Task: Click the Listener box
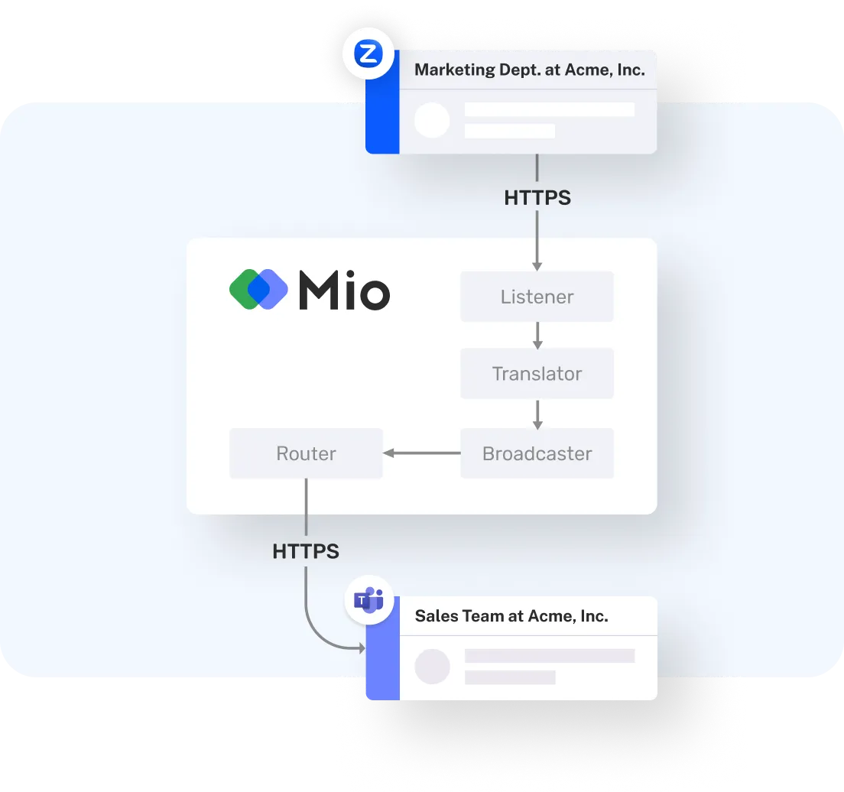click(x=537, y=297)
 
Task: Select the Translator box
click(x=537, y=374)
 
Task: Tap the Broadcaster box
click(x=537, y=453)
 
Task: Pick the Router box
click(x=306, y=453)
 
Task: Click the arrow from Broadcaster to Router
click(x=421, y=453)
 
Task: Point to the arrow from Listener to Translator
click(x=537, y=335)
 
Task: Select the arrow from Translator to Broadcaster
click(x=537, y=414)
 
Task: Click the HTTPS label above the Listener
click(x=537, y=197)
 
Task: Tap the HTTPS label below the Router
click(x=306, y=550)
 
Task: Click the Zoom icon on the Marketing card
click(x=368, y=55)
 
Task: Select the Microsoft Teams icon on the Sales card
click(x=368, y=601)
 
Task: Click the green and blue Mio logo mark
click(x=258, y=290)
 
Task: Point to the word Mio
click(x=344, y=291)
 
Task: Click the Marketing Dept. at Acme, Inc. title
click(x=529, y=70)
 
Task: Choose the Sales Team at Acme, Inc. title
click(x=511, y=616)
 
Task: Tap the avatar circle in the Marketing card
click(x=432, y=121)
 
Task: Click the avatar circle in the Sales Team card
click(x=432, y=667)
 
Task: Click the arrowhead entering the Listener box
click(x=537, y=265)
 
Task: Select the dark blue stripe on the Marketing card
click(x=382, y=115)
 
